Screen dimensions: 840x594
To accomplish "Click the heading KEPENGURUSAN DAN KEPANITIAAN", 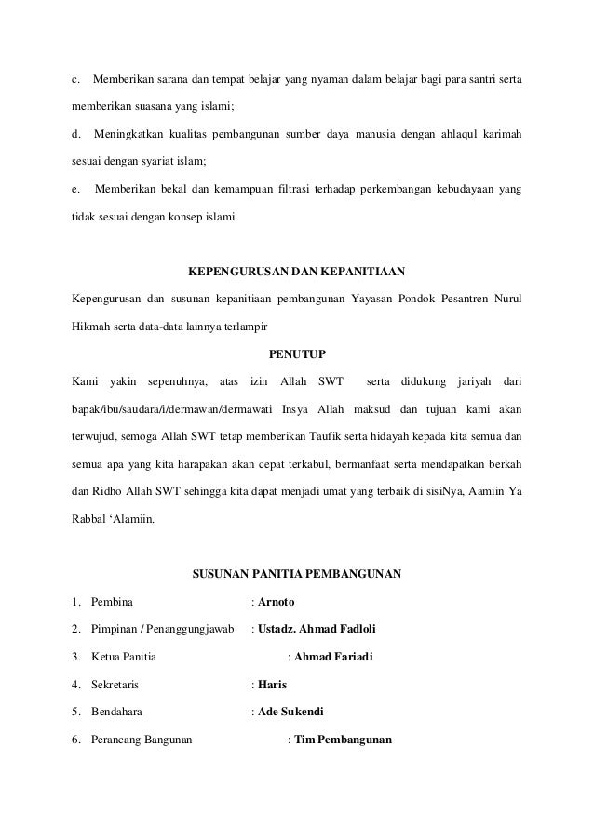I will (296, 273).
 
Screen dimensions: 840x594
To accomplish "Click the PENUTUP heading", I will (297, 354).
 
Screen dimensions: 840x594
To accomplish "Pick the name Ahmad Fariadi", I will (333, 658).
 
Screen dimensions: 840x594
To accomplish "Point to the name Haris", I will (272, 686).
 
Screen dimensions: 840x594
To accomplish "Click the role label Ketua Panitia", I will (123, 658).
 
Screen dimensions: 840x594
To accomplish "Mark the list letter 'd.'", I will (77, 136).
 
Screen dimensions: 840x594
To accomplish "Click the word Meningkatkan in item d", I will (131, 136).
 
